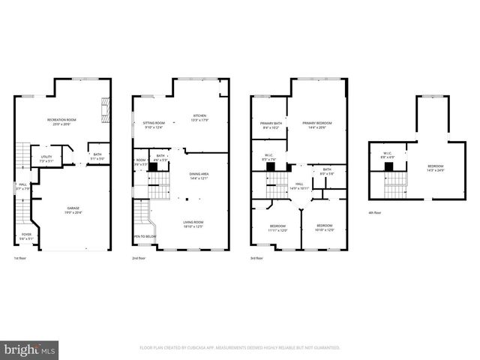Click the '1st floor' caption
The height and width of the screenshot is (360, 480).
click(x=20, y=259)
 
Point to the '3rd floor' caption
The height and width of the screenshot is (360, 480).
click(x=256, y=259)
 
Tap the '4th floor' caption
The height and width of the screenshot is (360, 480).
click(x=375, y=213)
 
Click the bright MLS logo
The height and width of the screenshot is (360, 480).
click(x=30, y=349)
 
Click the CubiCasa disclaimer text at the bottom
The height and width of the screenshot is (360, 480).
click(x=240, y=348)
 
